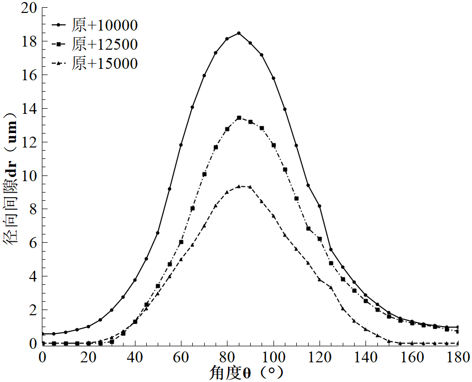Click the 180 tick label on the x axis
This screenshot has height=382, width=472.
click(458, 357)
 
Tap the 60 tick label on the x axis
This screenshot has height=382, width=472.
click(181, 357)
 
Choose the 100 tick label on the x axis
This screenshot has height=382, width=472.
click(273, 357)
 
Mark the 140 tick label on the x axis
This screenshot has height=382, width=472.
click(366, 357)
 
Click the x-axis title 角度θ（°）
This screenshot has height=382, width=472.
click(247, 373)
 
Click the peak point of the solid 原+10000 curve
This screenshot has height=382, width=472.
click(239, 33)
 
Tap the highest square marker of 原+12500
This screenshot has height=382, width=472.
click(239, 118)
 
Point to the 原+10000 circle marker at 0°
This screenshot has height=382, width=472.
click(43, 334)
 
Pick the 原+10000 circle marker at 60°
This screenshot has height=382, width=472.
click(181, 145)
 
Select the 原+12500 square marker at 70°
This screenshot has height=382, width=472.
click(204, 174)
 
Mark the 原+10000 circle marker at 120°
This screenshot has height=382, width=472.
click(319, 206)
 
